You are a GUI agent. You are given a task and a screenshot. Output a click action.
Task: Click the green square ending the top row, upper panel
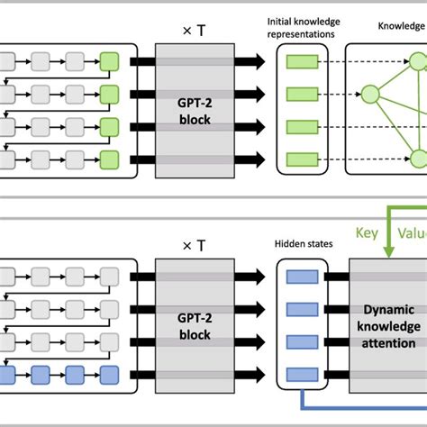[x=110, y=61]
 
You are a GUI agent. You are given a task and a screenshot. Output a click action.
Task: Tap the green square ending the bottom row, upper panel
[x=110, y=160]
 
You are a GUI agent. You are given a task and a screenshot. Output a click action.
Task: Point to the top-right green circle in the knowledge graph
[x=417, y=61]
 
